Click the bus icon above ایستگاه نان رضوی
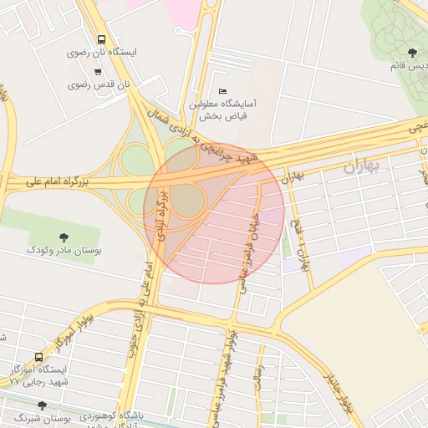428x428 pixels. [x=101, y=39]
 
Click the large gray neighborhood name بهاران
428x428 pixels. [x=361, y=166]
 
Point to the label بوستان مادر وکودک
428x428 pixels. [x=64, y=250]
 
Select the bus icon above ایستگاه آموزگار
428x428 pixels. [x=39, y=356]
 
